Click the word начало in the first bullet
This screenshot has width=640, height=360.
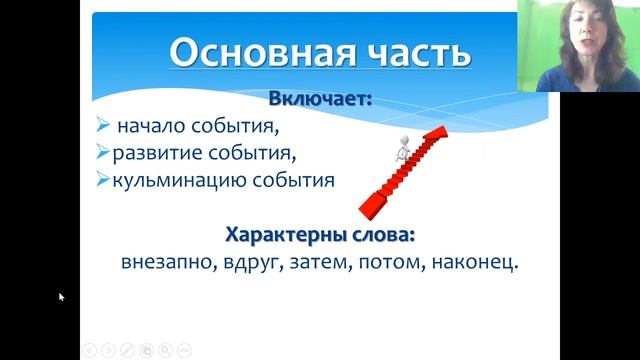(149, 127)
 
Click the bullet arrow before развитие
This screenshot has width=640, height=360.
(102, 154)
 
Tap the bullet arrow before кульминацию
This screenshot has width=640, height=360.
(102, 181)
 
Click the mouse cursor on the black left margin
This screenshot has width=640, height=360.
(61, 297)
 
